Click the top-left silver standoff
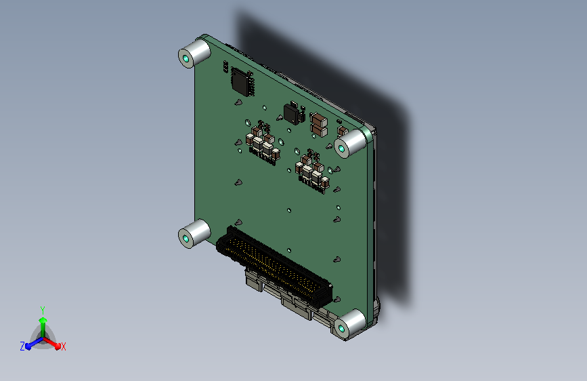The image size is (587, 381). [x=194, y=54]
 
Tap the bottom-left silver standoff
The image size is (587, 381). [x=194, y=234]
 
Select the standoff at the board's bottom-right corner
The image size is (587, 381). [x=350, y=324]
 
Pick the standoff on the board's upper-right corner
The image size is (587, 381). [x=350, y=144]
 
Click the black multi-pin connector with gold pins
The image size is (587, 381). [x=274, y=267]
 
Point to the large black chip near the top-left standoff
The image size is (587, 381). [x=242, y=81]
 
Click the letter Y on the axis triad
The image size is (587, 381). [x=43, y=310]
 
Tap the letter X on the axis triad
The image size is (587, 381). [x=63, y=346]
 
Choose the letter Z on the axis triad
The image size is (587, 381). [x=22, y=346]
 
